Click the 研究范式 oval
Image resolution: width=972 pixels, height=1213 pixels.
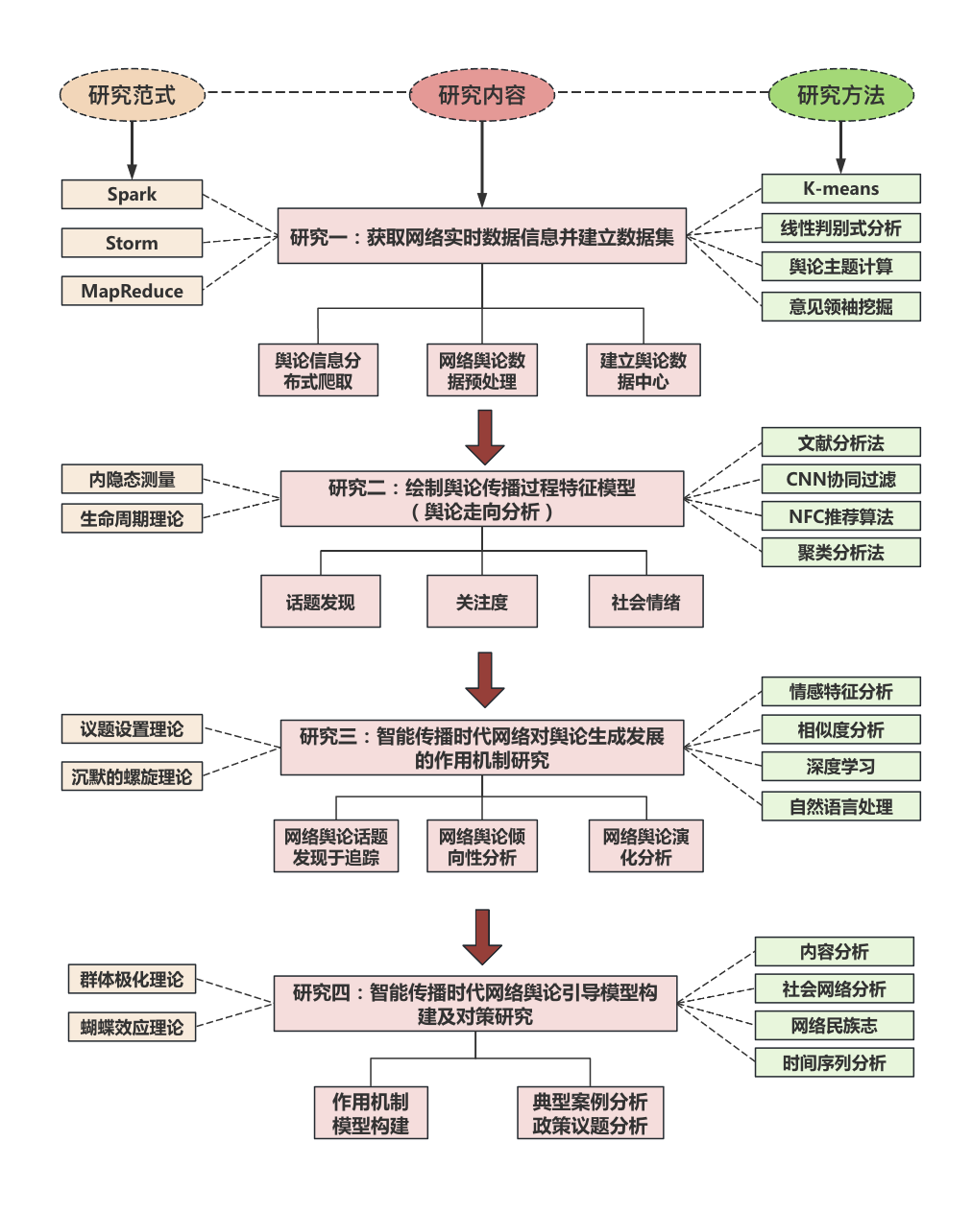click(x=132, y=95)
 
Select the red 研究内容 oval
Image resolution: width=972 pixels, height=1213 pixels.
click(x=482, y=95)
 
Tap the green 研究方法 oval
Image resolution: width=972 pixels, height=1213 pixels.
click(x=840, y=95)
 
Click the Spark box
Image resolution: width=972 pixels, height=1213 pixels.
click(x=132, y=194)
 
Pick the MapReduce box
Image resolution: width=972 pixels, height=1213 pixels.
click(x=132, y=291)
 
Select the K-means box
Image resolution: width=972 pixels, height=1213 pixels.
click(x=840, y=188)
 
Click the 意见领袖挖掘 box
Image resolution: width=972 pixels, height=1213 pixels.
click(x=840, y=306)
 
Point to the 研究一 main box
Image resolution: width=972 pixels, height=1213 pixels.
click(x=482, y=236)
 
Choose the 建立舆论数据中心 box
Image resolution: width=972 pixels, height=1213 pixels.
click(x=643, y=370)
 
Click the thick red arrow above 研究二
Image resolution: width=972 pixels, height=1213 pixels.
click(x=484, y=437)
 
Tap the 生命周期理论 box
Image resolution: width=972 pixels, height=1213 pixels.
click(x=132, y=518)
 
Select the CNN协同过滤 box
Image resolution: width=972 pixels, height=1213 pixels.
click(x=840, y=479)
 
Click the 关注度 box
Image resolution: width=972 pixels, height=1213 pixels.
click(x=482, y=602)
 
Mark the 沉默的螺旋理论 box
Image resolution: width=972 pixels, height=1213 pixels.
click(x=132, y=776)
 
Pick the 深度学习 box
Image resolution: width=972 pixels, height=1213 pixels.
click(x=840, y=766)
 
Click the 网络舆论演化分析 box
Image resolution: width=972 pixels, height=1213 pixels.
click(x=645, y=846)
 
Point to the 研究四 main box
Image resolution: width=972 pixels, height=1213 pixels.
click(x=475, y=1004)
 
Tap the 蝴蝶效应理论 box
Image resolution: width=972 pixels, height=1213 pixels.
click(x=132, y=1027)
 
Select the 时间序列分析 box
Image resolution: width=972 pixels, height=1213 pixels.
click(x=834, y=1062)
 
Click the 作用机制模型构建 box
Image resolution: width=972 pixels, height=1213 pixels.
click(x=371, y=1113)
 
